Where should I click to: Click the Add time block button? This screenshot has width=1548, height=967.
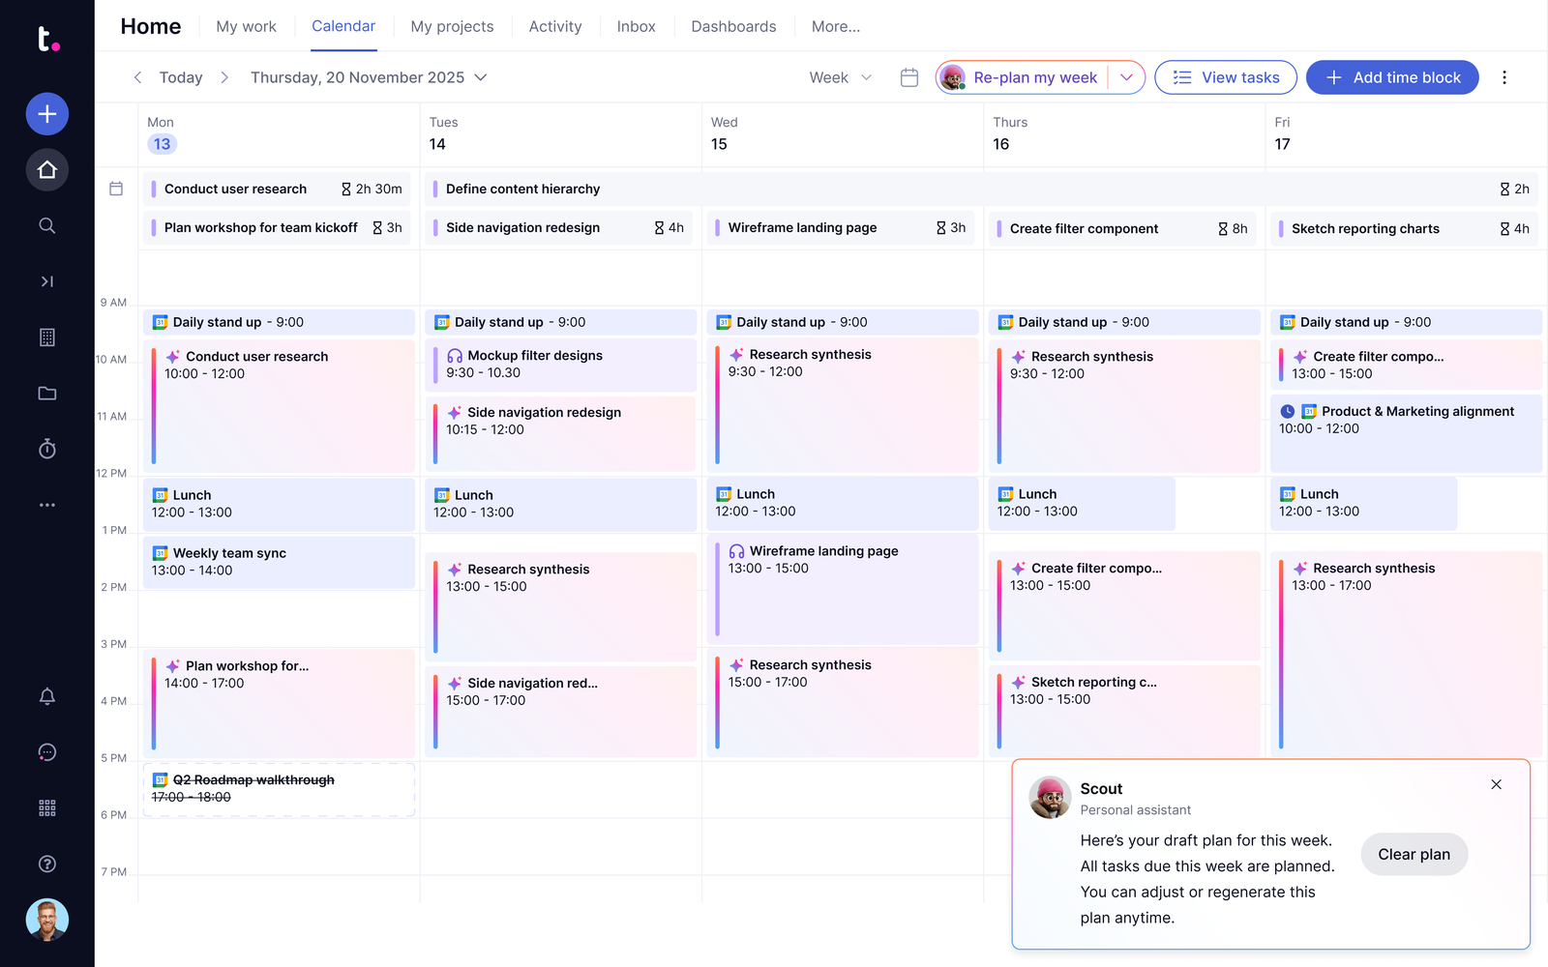[x=1392, y=77]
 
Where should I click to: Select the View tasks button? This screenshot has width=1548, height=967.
[x=1225, y=77]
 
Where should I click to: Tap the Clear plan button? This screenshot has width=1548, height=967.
[x=1414, y=854]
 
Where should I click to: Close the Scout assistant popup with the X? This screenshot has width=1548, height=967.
[x=1496, y=784]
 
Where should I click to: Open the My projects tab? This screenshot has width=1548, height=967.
[x=452, y=26]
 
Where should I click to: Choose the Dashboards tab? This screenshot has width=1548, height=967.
[x=733, y=26]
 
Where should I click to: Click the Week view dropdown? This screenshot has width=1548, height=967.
[x=840, y=77]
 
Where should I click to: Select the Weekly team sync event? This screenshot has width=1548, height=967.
[x=279, y=562]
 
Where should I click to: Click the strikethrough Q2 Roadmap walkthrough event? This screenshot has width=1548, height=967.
[x=279, y=789]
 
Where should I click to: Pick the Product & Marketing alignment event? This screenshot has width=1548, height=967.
[x=1406, y=433]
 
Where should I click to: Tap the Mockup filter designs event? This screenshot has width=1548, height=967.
[x=560, y=364]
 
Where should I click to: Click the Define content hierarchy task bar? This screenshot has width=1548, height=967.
[x=982, y=189]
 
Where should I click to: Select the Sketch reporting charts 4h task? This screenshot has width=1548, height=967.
[x=1404, y=228]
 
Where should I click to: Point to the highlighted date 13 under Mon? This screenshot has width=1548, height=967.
[x=162, y=144]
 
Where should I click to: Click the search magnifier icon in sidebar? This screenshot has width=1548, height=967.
[x=47, y=225]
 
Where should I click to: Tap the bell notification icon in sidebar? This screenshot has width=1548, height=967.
[x=47, y=695]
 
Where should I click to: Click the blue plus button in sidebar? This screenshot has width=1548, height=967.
[x=47, y=113]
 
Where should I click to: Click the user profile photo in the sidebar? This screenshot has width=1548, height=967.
[x=47, y=920]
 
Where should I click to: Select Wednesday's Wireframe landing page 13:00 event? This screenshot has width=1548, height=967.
[x=843, y=589]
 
